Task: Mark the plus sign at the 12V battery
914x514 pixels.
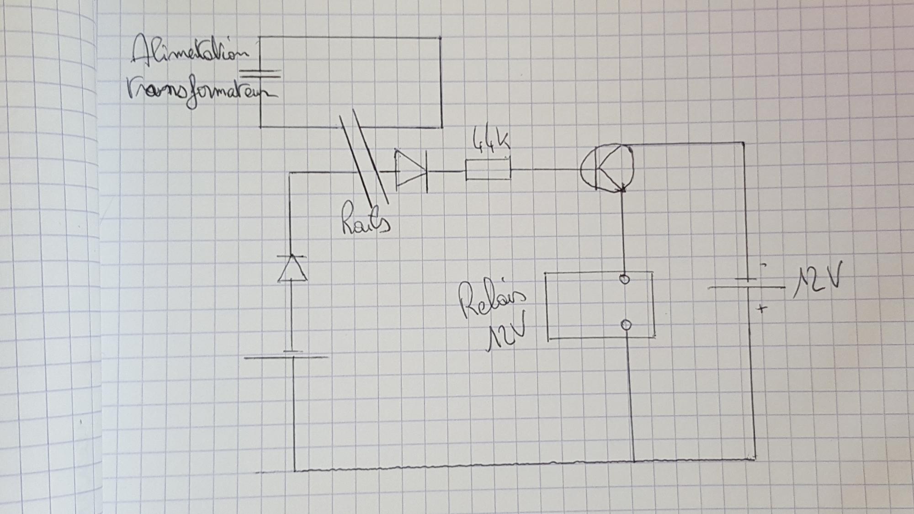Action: tap(761, 309)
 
